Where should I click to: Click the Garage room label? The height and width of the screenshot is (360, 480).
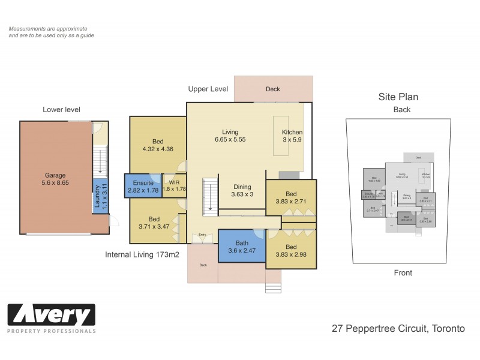pos(55,176)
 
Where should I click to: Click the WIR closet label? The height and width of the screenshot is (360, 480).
pos(174,182)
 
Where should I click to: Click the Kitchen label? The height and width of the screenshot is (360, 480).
pos(292,133)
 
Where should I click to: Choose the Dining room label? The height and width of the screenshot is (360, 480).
pos(242,187)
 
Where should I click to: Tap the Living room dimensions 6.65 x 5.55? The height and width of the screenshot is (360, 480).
pos(230,139)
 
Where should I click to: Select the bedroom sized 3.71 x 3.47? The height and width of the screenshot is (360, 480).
pos(154,222)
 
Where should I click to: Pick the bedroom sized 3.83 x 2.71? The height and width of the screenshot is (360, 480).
pos(290,198)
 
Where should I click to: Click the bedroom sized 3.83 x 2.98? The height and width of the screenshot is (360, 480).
pos(290,250)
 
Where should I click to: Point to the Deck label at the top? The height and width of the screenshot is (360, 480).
pos(273,89)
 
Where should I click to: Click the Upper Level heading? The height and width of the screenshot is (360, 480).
pos(208,89)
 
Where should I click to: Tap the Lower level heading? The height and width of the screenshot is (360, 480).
pos(61,109)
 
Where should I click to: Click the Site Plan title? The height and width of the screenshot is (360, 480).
pos(398,97)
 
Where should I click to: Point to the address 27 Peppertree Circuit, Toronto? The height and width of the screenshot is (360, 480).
pos(398,328)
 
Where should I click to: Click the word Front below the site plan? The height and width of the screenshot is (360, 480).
pos(403,273)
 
